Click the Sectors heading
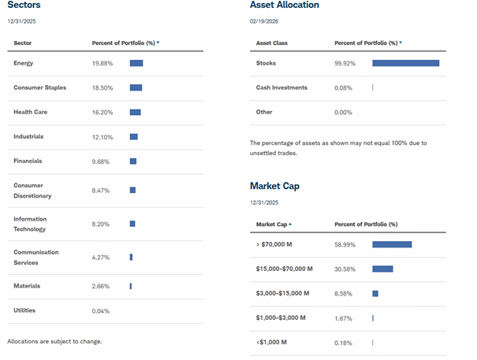(x=24, y=6)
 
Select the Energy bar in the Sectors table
(x=136, y=63)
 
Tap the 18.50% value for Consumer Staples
(x=102, y=87)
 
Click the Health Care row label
(x=30, y=112)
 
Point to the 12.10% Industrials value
(x=102, y=137)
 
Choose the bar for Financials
(x=133, y=161)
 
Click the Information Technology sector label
(x=30, y=224)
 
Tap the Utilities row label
(x=24, y=310)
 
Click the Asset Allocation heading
(x=285, y=6)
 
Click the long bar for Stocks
(x=405, y=63)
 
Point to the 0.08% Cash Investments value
(x=344, y=87)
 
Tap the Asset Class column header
(x=274, y=43)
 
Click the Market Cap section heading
(x=274, y=186)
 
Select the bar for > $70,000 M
(x=392, y=244)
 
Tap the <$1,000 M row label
(x=272, y=342)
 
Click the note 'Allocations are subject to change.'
(x=54, y=341)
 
